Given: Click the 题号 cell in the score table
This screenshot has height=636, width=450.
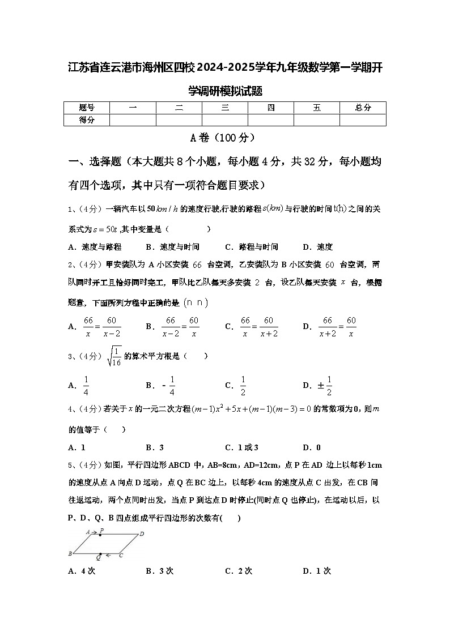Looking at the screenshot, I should click(86, 108).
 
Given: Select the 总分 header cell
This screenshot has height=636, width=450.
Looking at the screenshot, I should click(363, 108).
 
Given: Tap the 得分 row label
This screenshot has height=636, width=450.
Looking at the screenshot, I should click(86, 119).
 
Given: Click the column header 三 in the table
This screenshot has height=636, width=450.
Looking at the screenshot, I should click(225, 108).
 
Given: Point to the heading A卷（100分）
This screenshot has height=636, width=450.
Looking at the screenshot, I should click(224, 138).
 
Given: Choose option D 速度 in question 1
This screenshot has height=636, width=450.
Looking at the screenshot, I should click(318, 247).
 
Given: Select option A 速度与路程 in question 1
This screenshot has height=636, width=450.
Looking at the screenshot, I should click(95, 247).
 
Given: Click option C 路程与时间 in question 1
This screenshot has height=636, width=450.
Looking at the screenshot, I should click(252, 247).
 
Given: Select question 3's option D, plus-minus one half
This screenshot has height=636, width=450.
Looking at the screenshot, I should click(318, 386).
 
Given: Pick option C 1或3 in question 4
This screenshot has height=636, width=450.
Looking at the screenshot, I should click(242, 447).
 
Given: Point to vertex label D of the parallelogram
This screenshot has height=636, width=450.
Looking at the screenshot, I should click(142, 533).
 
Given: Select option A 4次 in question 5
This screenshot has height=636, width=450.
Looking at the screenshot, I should click(82, 571).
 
